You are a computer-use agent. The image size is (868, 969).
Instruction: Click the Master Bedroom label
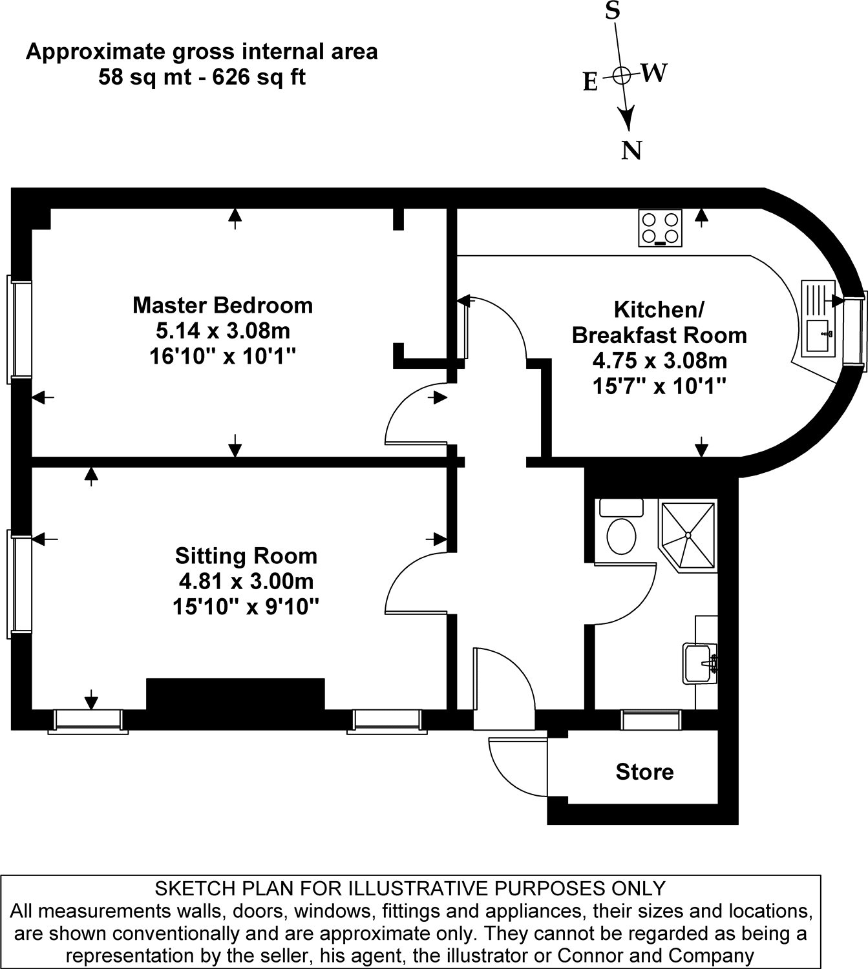(x=222, y=305)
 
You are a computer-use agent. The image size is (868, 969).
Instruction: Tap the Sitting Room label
(x=246, y=556)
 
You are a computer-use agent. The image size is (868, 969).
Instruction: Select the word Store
(x=644, y=772)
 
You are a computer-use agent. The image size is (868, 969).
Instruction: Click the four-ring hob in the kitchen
(x=660, y=228)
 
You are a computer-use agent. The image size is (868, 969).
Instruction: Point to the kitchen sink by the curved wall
(x=819, y=318)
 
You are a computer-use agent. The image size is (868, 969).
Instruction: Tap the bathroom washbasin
(x=701, y=662)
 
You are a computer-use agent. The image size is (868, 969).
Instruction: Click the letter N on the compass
(x=631, y=151)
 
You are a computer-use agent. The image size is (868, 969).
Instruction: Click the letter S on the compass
(x=612, y=11)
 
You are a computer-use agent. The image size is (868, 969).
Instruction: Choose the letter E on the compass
(x=590, y=82)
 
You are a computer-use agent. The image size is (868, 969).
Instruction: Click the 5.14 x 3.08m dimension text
(x=222, y=331)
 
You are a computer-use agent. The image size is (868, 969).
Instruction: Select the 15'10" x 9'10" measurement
(x=246, y=607)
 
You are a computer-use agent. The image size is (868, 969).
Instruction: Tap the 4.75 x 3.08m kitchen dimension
(x=659, y=360)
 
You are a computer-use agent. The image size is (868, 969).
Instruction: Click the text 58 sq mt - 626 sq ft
(x=202, y=78)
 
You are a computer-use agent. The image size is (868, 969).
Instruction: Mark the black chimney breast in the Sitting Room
(x=235, y=694)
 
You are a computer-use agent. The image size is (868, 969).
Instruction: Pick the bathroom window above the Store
(x=651, y=720)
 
